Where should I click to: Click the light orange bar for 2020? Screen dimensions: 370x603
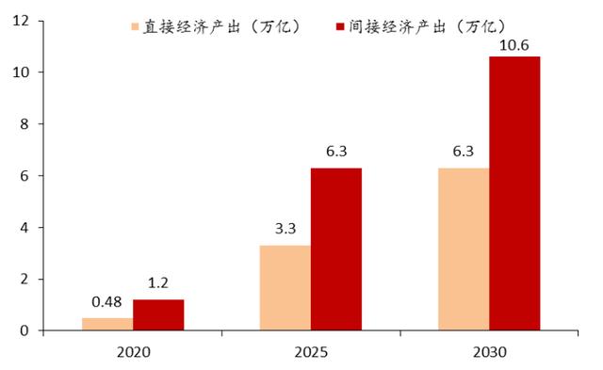click(107, 324)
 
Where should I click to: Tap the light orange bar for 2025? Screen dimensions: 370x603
click(285, 288)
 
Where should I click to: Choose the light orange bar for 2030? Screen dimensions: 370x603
click(464, 249)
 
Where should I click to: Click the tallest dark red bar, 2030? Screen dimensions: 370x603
click(514, 194)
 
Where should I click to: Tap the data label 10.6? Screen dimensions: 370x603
click(514, 43)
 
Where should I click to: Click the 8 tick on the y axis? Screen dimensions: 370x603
click(26, 124)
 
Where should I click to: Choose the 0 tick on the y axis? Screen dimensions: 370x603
click(26, 330)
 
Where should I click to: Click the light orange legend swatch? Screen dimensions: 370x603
click(138, 24)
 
